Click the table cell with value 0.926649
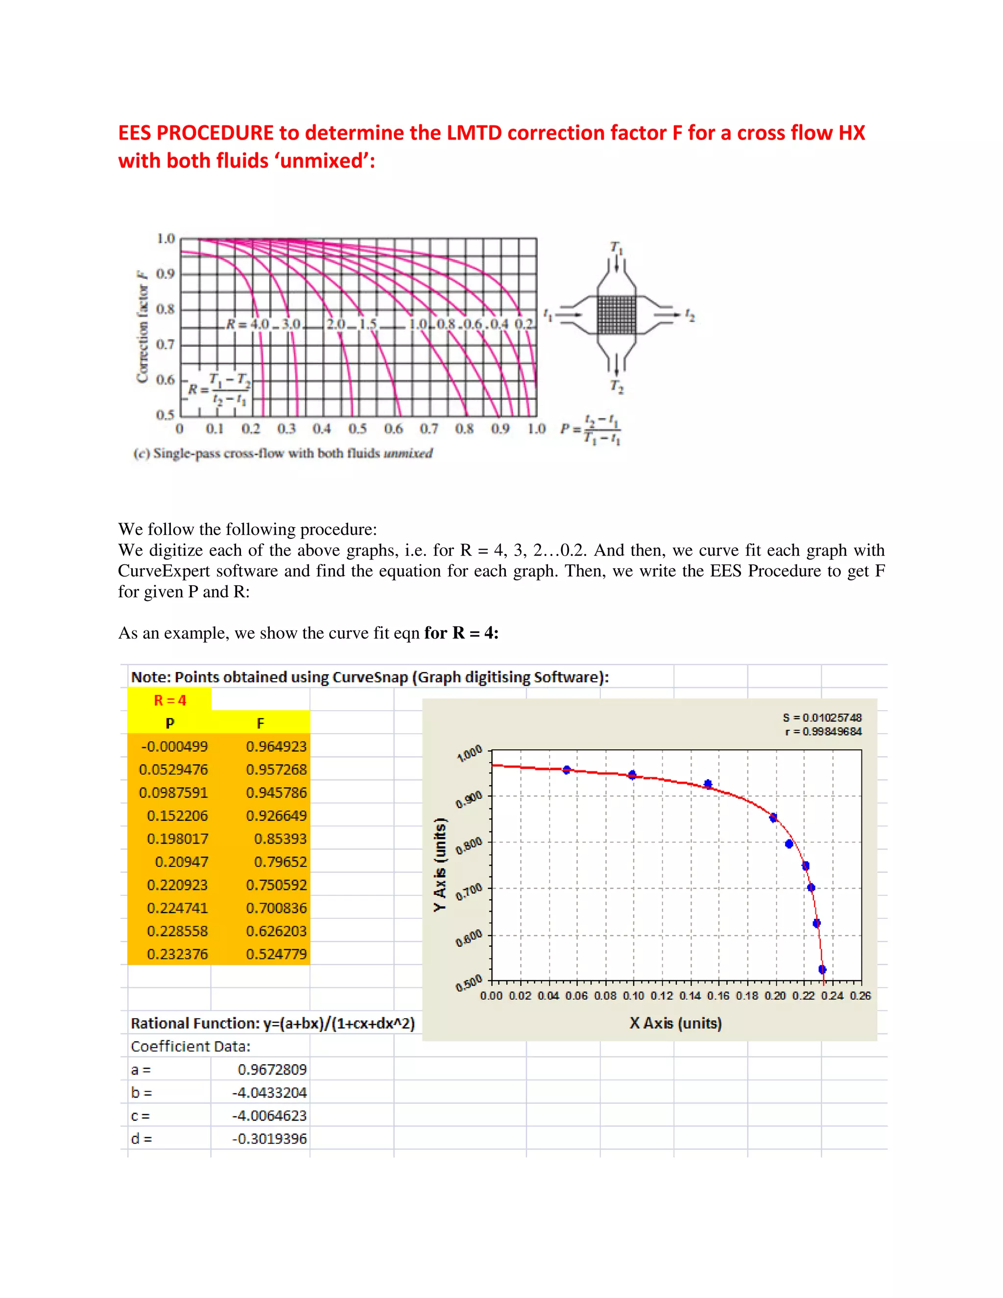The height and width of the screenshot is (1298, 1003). [x=276, y=816]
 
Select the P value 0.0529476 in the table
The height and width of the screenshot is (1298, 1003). [x=173, y=769]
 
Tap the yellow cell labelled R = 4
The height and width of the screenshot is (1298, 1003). [x=170, y=700]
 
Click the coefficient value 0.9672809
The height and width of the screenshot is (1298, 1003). [x=272, y=1070]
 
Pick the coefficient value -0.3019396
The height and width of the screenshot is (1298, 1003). [x=269, y=1139]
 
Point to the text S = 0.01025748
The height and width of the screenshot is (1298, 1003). [x=822, y=718]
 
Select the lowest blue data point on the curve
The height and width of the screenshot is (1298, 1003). [x=822, y=969]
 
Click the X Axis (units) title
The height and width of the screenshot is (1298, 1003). [x=675, y=1023]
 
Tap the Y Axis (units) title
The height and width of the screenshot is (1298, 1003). [x=440, y=865]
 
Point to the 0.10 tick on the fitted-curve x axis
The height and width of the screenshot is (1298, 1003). [x=633, y=995]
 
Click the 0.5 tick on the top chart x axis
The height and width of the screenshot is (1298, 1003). [x=357, y=429]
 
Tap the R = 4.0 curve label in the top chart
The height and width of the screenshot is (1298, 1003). [x=248, y=324]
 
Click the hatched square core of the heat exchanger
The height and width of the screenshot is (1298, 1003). [x=616, y=315]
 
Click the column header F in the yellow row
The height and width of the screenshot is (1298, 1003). [x=260, y=723]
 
